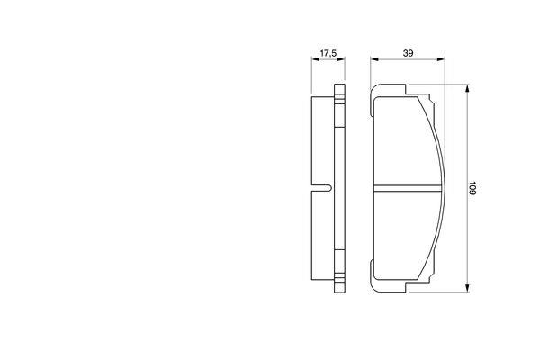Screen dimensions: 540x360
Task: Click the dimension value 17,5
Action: pyautogui.click(x=328, y=53)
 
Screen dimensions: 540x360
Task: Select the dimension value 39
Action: pyautogui.click(x=408, y=53)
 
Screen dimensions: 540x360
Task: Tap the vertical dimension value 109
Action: pyautogui.click(x=472, y=188)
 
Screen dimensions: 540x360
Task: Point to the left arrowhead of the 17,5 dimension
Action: pyautogui.click(x=316, y=59)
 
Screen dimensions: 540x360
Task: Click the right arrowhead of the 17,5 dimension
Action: pyautogui.click(x=341, y=59)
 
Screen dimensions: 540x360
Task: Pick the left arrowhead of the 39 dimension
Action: pyautogui.click(x=374, y=59)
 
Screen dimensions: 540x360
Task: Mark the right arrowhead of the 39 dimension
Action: pyautogui.click(x=440, y=59)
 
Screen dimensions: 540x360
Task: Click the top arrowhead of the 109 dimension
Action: pyautogui.click(x=467, y=88)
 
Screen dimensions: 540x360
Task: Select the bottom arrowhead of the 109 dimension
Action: pyautogui.click(x=467, y=288)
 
